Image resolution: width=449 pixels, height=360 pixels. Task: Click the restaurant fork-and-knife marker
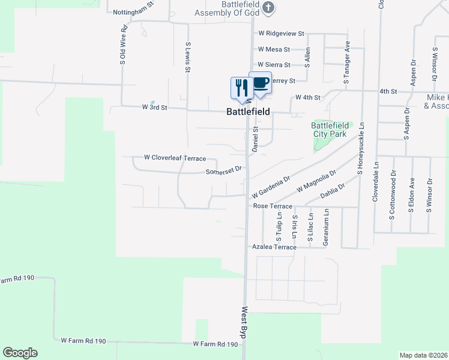[241, 88]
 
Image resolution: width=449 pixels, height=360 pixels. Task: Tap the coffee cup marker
[261, 83]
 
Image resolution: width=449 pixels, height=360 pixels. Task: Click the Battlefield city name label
[248, 112]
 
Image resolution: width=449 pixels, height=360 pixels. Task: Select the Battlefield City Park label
[329, 130]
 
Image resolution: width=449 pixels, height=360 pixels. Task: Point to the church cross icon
[268, 8]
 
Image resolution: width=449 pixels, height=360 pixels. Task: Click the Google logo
[20, 353]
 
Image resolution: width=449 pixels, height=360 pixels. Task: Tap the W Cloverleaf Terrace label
[175, 158]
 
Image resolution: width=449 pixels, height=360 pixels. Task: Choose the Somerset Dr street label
[223, 170]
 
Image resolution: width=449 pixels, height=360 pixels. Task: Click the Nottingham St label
[133, 11]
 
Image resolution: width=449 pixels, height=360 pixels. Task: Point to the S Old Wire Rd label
[123, 44]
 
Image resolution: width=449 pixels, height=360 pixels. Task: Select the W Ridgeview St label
[281, 34]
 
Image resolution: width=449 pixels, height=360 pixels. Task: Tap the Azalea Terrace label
[274, 247]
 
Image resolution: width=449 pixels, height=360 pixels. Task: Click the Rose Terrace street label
[273, 206]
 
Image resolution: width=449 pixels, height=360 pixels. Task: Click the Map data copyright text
[424, 355]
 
